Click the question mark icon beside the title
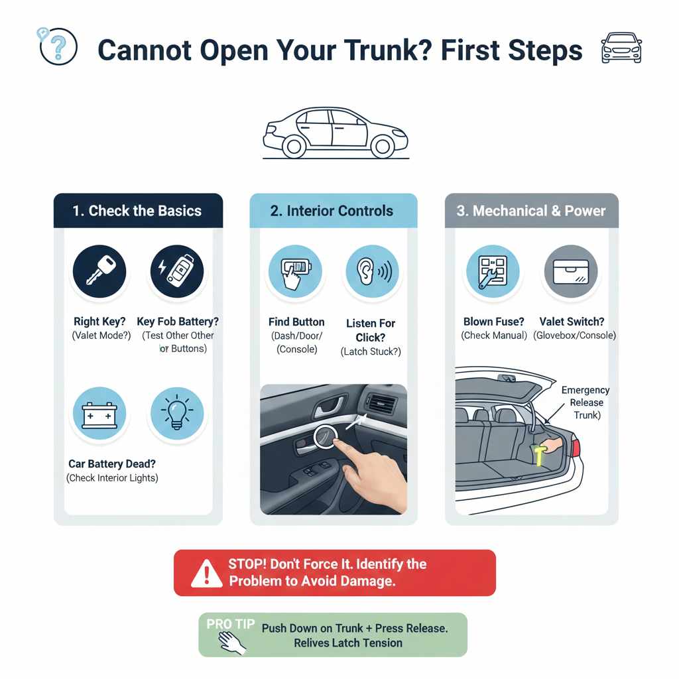coord(58,46)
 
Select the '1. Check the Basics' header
coord(137,211)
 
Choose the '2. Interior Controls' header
coord(332,211)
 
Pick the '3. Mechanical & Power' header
coord(531,211)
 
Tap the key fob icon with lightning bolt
coord(176,271)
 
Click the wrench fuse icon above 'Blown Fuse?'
coord(491,272)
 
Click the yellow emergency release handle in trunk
coord(540,457)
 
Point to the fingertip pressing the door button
coord(332,438)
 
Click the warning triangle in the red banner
coord(206,573)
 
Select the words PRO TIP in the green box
coord(229,624)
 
